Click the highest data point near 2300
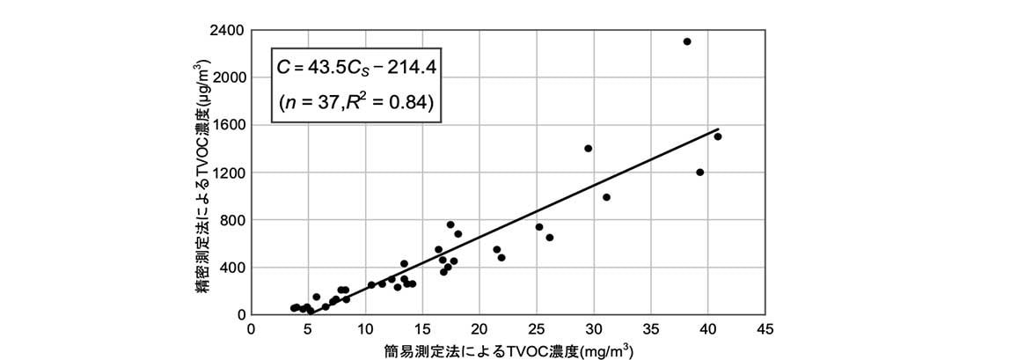pos(687,41)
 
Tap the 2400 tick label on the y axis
pos(229,30)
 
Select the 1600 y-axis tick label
pos(229,125)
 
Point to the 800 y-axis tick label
pos(232,220)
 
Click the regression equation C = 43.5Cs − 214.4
pos(358,65)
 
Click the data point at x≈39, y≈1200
pos(699,173)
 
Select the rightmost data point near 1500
pos(718,136)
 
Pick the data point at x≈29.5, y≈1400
pos(588,149)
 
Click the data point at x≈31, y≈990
pos(606,197)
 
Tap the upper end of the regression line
pos(719,129)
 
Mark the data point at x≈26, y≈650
pos(550,238)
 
